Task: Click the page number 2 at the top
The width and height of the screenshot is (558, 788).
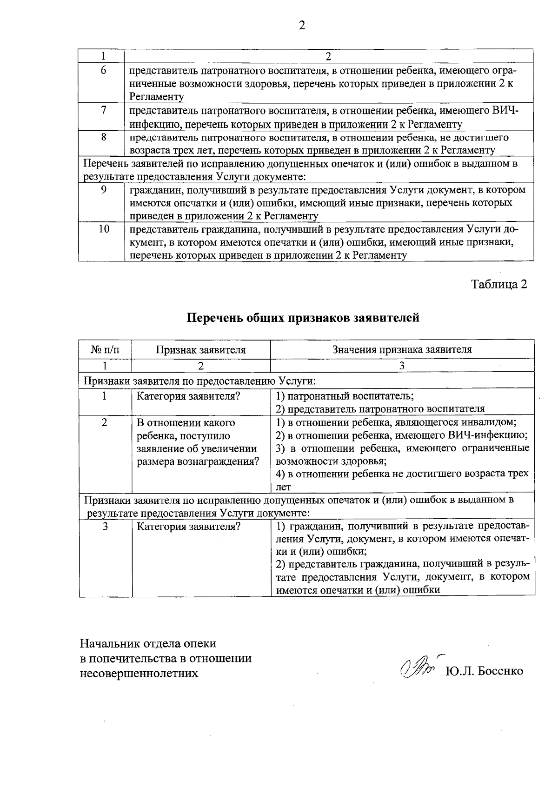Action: (x=302, y=26)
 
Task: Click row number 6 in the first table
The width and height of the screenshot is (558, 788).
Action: (x=104, y=70)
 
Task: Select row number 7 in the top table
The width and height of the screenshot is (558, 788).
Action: (x=104, y=110)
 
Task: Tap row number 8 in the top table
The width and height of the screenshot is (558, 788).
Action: (x=104, y=137)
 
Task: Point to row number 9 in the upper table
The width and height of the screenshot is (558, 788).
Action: (x=104, y=189)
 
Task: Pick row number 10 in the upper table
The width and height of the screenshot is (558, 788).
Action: (x=104, y=229)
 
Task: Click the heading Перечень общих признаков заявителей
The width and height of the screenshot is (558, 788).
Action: (x=303, y=318)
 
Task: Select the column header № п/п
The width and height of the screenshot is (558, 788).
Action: (x=105, y=349)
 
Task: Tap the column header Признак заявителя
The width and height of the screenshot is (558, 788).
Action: (x=200, y=349)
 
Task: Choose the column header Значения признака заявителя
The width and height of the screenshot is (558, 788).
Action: (x=402, y=349)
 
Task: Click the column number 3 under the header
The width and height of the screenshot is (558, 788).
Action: (x=402, y=366)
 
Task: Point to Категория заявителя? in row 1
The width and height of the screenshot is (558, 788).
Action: (x=188, y=396)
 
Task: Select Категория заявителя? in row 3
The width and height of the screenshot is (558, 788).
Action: (x=188, y=527)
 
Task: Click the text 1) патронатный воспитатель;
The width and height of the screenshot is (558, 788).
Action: (x=345, y=396)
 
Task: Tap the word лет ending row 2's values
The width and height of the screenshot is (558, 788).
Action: (x=283, y=487)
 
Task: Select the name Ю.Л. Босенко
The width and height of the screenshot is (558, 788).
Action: (x=484, y=671)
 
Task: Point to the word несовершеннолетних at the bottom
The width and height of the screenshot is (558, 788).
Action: (x=139, y=673)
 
